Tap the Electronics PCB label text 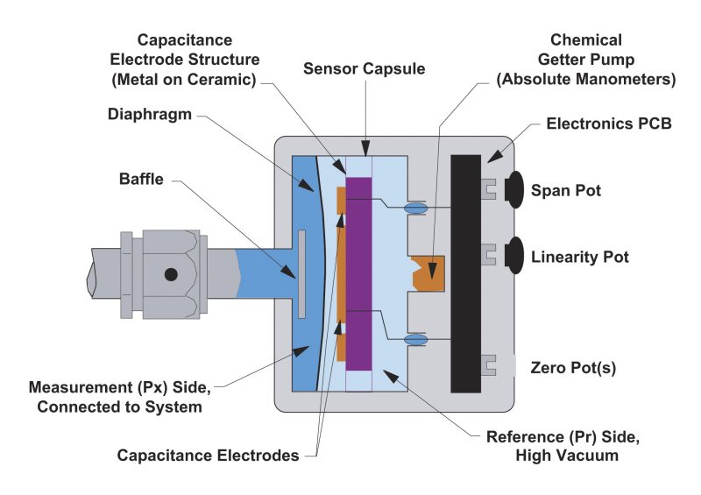coord(609,124)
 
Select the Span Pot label coord(566,190)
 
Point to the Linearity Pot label coord(580,258)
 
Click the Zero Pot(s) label coord(574,368)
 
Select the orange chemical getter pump coord(429,272)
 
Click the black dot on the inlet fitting coord(171,274)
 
